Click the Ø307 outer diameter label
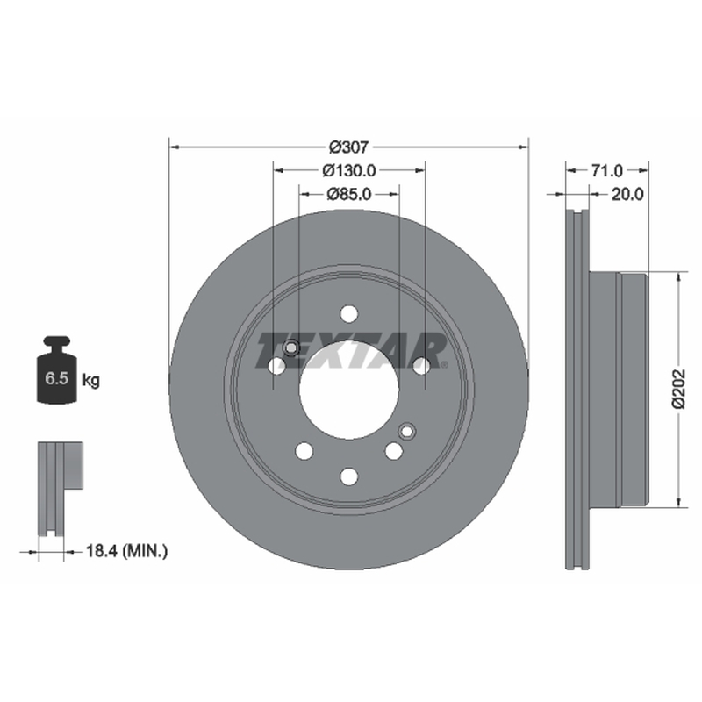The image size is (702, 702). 348,147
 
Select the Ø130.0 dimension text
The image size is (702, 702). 349,170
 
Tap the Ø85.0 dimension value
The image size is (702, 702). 349,194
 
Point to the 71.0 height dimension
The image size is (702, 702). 606,170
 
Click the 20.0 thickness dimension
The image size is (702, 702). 627,194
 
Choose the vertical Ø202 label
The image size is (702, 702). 678,389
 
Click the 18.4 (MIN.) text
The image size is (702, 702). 126,551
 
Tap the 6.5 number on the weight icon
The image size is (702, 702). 56,378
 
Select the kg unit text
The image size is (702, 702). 91,381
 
